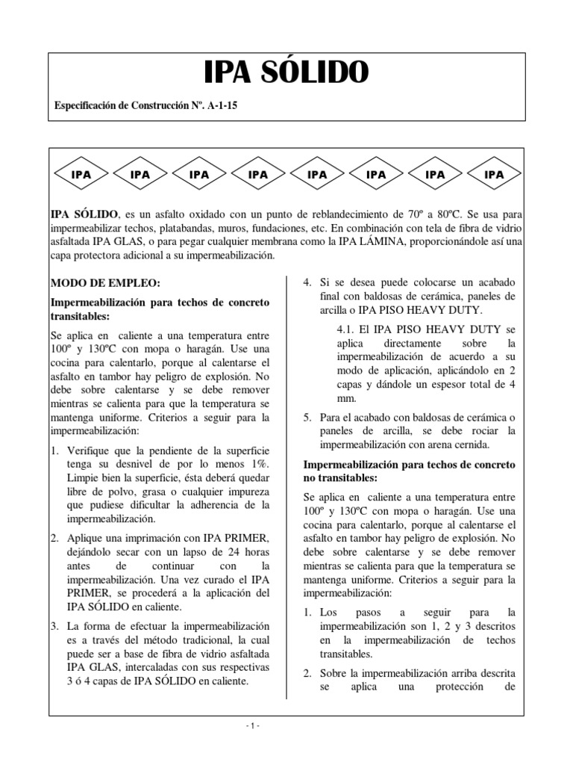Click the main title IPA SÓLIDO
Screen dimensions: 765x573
point(286,72)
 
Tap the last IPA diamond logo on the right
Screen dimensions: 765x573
point(494,175)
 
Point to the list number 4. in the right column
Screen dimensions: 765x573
point(307,283)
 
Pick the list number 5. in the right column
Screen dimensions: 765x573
point(307,416)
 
